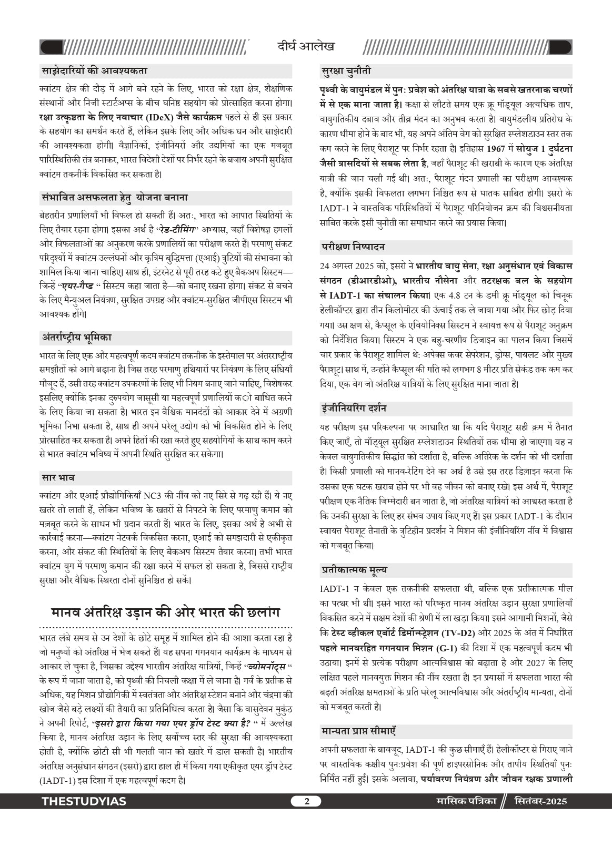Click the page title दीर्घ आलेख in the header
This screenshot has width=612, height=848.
point(306,47)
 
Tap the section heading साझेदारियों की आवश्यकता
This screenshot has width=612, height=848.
point(94,71)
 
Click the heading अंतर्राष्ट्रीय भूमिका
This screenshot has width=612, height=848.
point(76,338)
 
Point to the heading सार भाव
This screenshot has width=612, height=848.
point(58,478)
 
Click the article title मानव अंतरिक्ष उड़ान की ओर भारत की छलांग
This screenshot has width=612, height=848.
point(165,612)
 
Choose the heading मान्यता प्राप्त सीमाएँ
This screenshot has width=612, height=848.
point(358,731)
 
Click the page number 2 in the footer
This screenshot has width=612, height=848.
point(306,801)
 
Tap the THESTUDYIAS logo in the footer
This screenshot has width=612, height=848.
point(84,801)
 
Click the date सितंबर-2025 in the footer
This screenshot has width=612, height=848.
point(540,801)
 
